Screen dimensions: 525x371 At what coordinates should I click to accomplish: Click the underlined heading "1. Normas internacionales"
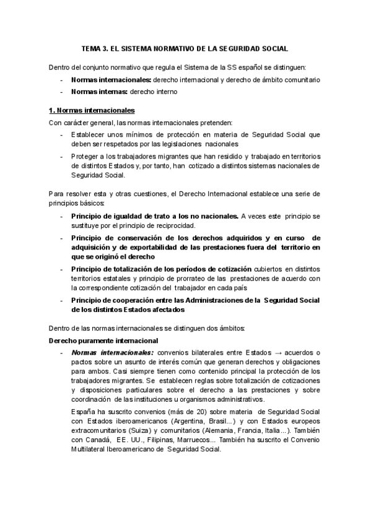tap(91, 111)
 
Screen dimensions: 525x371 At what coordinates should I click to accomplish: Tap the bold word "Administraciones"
tap(207, 300)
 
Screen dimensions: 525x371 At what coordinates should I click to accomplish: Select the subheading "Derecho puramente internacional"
tap(103, 341)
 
